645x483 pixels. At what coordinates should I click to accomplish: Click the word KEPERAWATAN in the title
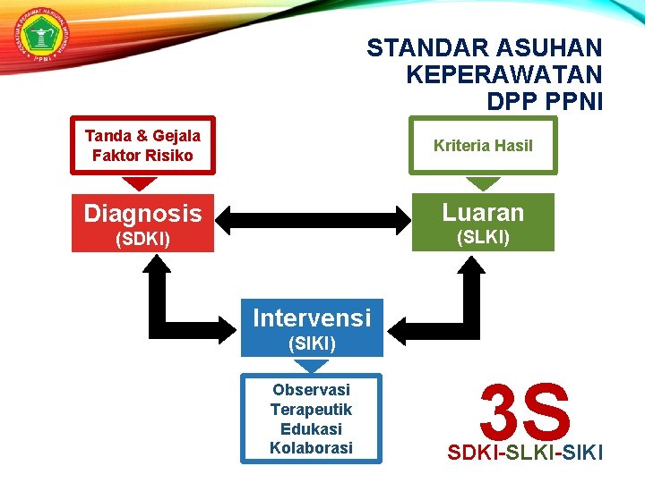point(503,74)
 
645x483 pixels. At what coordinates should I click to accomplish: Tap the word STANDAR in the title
point(419,47)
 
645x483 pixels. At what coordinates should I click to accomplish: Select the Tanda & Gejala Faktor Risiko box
point(142,145)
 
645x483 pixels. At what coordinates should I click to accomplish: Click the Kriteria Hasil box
point(483,145)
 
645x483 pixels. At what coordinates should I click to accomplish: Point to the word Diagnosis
point(142,214)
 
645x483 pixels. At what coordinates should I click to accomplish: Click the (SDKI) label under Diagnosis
point(142,240)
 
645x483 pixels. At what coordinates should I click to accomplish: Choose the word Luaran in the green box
point(483,212)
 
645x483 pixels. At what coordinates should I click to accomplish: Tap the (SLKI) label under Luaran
point(483,238)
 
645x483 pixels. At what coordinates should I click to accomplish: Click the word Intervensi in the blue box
point(311,318)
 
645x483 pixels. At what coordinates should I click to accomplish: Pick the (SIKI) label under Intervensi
point(311,343)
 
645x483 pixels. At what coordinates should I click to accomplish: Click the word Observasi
point(311,390)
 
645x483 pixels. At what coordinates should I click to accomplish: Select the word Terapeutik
point(311,410)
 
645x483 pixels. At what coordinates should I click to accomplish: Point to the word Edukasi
point(311,428)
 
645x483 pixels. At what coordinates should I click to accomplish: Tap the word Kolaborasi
point(311,447)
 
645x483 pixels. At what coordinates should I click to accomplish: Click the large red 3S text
point(525,411)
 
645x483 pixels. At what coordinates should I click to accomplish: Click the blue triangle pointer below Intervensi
point(311,366)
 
